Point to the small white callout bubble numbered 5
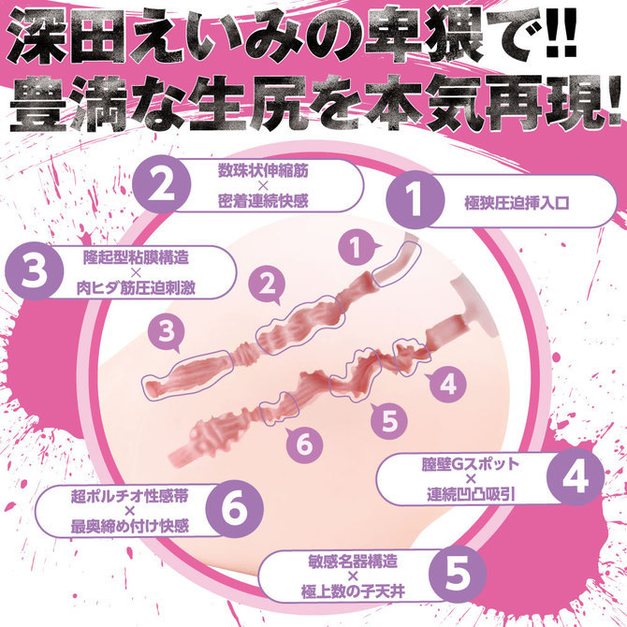pos(386,418)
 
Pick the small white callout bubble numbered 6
pos(301,444)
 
